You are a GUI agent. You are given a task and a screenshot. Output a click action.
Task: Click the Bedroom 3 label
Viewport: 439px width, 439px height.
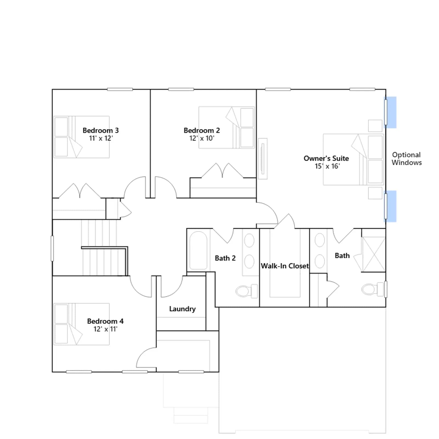[101, 130]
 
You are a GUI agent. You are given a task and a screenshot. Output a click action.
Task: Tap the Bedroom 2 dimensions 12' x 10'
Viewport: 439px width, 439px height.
[202, 138]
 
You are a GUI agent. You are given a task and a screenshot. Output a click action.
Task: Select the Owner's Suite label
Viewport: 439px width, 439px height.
[326, 158]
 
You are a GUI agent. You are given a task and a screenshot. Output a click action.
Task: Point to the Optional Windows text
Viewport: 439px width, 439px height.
[407, 159]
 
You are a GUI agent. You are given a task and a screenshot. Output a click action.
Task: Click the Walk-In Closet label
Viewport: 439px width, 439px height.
[285, 266]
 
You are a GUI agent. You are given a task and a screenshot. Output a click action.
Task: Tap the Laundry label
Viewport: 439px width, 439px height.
[182, 309]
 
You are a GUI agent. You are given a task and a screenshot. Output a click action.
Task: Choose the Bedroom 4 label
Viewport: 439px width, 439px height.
[105, 321]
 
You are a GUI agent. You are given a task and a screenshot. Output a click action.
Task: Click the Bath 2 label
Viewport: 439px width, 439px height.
[225, 258]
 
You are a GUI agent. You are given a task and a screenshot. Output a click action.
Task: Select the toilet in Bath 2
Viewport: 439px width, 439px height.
[247, 291]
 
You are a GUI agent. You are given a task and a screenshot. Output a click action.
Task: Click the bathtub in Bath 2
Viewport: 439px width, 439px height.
[198, 251]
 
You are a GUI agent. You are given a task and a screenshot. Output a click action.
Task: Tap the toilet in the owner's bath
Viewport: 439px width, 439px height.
[373, 289]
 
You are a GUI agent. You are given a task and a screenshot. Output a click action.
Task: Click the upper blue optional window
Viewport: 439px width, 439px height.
[390, 112]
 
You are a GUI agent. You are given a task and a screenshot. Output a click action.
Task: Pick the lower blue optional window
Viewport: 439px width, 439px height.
[390, 206]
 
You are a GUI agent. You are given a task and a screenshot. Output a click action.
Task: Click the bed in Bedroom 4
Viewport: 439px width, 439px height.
[81, 324]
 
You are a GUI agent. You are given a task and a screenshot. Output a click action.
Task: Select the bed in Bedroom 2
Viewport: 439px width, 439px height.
[227, 128]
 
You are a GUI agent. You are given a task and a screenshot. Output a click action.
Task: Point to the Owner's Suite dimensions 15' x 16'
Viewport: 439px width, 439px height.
[327, 166]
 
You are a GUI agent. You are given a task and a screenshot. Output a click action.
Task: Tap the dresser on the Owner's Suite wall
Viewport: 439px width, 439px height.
[263, 159]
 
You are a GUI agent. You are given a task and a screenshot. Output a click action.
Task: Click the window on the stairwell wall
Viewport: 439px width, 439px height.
[52, 249]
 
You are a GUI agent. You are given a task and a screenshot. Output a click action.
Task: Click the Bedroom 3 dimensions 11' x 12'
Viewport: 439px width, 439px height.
[101, 138]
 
